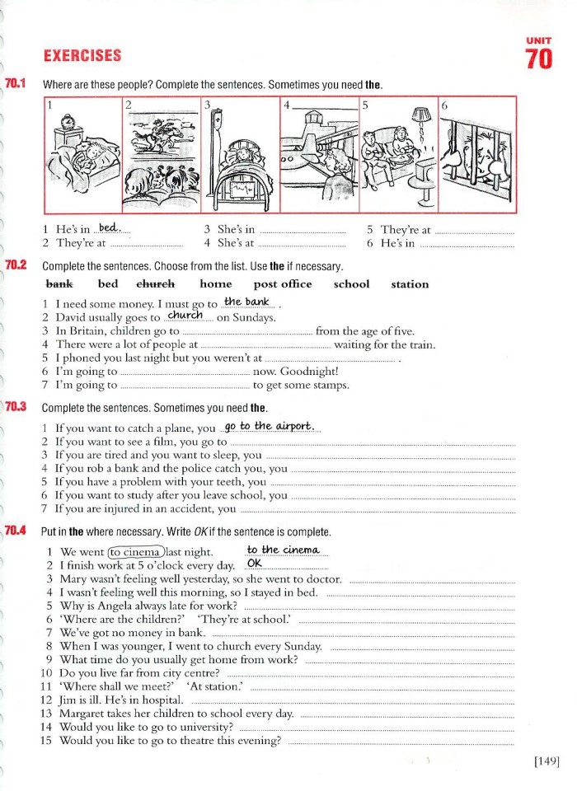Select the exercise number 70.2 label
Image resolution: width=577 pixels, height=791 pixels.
16,265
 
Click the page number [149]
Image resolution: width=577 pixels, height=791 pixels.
547,761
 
